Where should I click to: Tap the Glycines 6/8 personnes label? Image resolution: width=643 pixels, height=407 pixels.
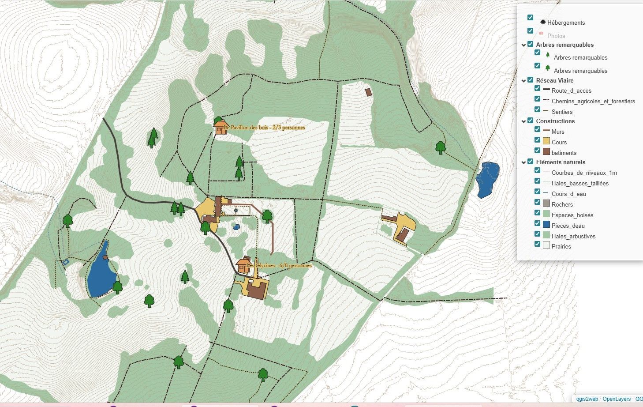coord(280,266)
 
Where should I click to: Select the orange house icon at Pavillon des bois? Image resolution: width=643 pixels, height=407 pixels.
coord(220,127)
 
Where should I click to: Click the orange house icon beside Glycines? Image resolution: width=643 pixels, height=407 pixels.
coord(243,265)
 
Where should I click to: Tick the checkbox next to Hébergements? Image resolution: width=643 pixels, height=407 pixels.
coord(530,18)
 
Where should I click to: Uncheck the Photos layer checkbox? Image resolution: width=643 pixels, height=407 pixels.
coord(530,31)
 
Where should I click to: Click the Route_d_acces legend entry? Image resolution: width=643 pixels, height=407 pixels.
coord(571,90)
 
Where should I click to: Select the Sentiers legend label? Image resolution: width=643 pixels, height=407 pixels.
coord(562,112)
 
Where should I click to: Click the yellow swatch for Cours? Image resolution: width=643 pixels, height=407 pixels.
coord(546,141)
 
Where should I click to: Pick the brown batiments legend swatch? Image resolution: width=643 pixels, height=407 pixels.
coord(546,152)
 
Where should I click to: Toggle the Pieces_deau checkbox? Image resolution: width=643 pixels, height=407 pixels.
coord(537,223)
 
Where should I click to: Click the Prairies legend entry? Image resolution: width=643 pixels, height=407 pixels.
coord(561,246)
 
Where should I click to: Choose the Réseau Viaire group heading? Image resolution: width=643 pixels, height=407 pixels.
coord(554,80)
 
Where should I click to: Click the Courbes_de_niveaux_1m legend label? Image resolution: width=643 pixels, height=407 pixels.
coord(584,173)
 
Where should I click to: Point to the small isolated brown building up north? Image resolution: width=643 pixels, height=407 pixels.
coord(369,92)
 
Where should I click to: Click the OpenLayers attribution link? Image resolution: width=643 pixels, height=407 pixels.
coord(617,399)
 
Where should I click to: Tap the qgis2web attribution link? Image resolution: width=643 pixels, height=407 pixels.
coord(587,399)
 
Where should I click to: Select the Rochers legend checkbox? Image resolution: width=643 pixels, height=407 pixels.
coord(537,202)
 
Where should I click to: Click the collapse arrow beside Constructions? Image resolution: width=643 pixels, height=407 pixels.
coord(523,121)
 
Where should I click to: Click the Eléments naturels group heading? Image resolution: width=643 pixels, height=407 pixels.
coord(561,162)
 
